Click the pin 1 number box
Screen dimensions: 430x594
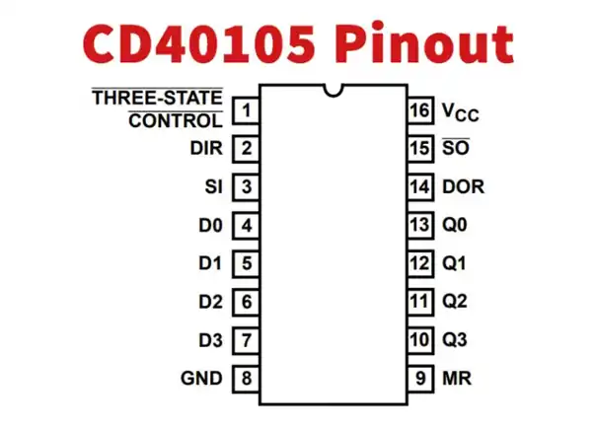(246, 109)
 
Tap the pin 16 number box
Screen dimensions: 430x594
(420, 109)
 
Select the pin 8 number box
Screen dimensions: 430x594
(246, 378)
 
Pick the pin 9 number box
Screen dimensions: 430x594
(420, 378)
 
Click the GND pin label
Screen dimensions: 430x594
(201, 378)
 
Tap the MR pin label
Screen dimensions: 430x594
(455, 378)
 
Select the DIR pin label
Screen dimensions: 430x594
(206, 149)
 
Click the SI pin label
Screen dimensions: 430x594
(213, 186)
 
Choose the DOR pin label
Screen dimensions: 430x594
(463, 186)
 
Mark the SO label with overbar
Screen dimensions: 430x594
(455, 149)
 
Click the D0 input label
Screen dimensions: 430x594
(210, 225)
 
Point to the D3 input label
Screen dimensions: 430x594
(210, 340)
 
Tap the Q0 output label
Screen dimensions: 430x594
(455, 225)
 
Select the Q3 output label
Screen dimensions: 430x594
(455, 340)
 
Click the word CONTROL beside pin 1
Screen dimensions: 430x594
(176, 121)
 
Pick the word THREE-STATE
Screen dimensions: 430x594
(157, 99)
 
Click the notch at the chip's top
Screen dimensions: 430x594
(334, 91)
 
